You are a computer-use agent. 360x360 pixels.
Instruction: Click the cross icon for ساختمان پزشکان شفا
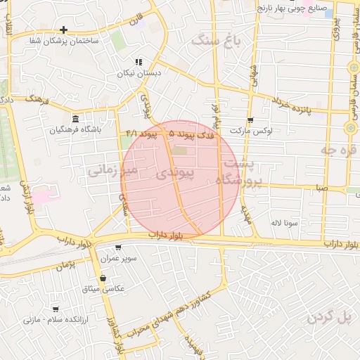coord(64,30)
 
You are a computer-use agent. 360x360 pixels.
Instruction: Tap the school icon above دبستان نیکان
coord(138,62)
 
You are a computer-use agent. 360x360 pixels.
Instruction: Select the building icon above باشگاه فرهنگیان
coord(75,117)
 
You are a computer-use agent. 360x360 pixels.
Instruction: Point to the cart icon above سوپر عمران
coord(117,247)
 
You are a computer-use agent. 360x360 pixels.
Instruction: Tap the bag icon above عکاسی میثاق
coord(103,278)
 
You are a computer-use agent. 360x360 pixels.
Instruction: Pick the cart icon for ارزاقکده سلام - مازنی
coord(56,309)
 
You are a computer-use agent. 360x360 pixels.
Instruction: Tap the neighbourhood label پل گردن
coord(328,318)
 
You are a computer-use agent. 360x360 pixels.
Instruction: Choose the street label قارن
coord(135,16)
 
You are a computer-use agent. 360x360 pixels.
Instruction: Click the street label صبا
coord(321,188)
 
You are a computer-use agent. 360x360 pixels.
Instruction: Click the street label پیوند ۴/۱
coord(140,133)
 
